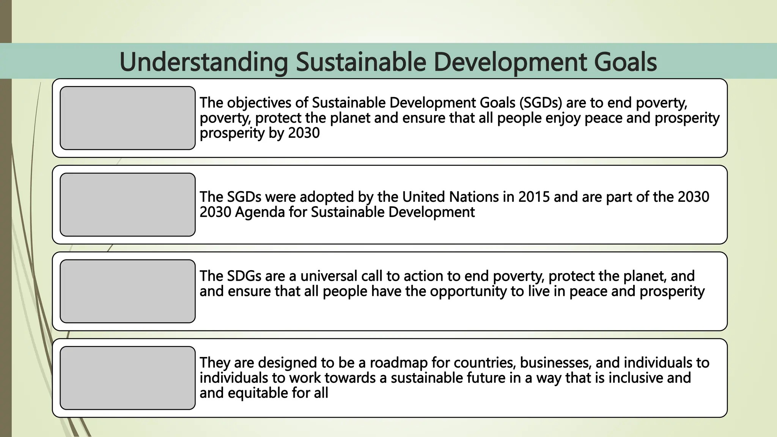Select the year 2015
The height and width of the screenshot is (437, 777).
point(534,197)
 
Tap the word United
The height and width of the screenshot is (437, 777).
point(423,197)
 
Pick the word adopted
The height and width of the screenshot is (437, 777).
point(323,197)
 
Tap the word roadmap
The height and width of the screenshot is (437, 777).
point(398,363)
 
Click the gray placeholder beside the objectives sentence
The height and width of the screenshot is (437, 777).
point(127,118)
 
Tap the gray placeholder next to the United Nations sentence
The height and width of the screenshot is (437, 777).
point(127,205)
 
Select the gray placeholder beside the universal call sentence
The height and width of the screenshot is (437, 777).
point(127,291)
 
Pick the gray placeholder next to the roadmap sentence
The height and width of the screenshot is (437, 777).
point(127,378)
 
